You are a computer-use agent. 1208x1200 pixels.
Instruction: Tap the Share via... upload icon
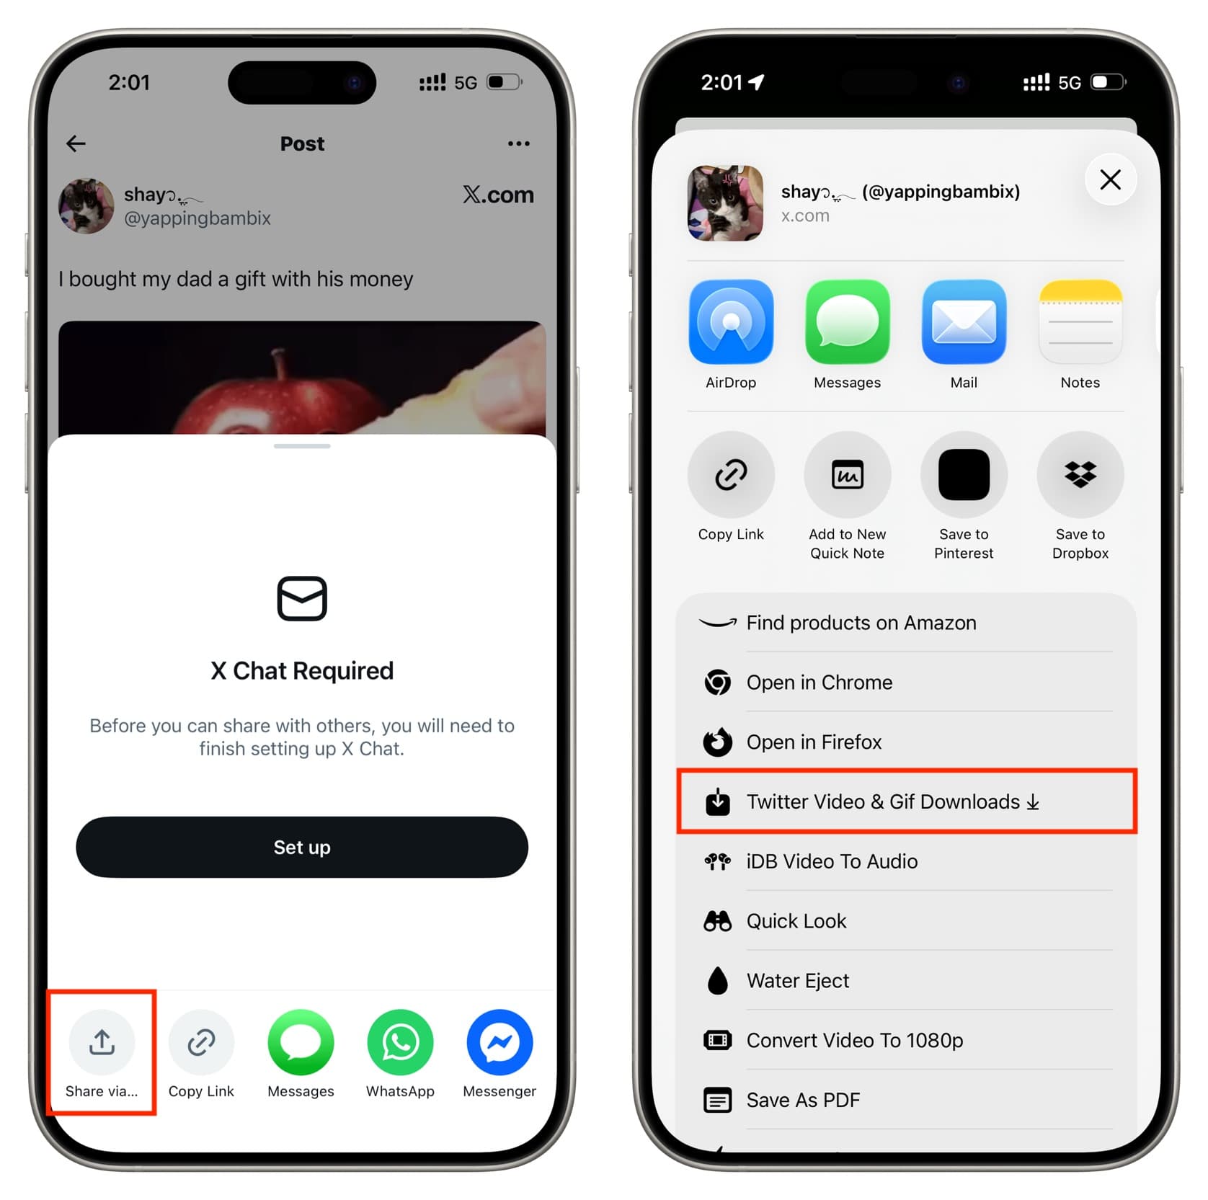pos(102,1042)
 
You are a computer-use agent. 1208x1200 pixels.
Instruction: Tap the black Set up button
pos(302,847)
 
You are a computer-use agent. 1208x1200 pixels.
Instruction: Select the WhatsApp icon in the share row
pos(400,1042)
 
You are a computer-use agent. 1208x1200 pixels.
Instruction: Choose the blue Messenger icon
pos(499,1042)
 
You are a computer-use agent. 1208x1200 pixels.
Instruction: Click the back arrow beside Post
pos(76,143)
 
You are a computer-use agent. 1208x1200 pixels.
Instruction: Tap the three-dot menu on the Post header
pos(518,143)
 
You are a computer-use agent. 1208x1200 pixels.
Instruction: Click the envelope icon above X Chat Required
pos(302,598)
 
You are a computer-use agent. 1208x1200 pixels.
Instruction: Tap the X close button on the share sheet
pos(1110,179)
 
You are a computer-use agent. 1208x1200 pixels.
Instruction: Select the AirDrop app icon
pos(731,321)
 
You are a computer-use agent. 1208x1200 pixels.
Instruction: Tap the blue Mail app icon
pos(964,321)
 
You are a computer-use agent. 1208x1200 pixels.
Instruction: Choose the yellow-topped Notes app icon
pos(1080,321)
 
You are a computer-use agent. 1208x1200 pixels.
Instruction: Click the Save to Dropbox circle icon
pos(1080,474)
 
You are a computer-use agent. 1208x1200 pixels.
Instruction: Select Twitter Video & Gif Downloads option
pos(907,801)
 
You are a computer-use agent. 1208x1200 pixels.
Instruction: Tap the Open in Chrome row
pos(907,682)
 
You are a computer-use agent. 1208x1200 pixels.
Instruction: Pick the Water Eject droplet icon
pos(717,980)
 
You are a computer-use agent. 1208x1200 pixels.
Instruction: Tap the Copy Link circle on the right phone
pos(731,474)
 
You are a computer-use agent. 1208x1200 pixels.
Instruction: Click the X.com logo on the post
pos(498,195)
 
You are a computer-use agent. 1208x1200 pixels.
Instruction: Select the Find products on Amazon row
pos(907,622)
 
